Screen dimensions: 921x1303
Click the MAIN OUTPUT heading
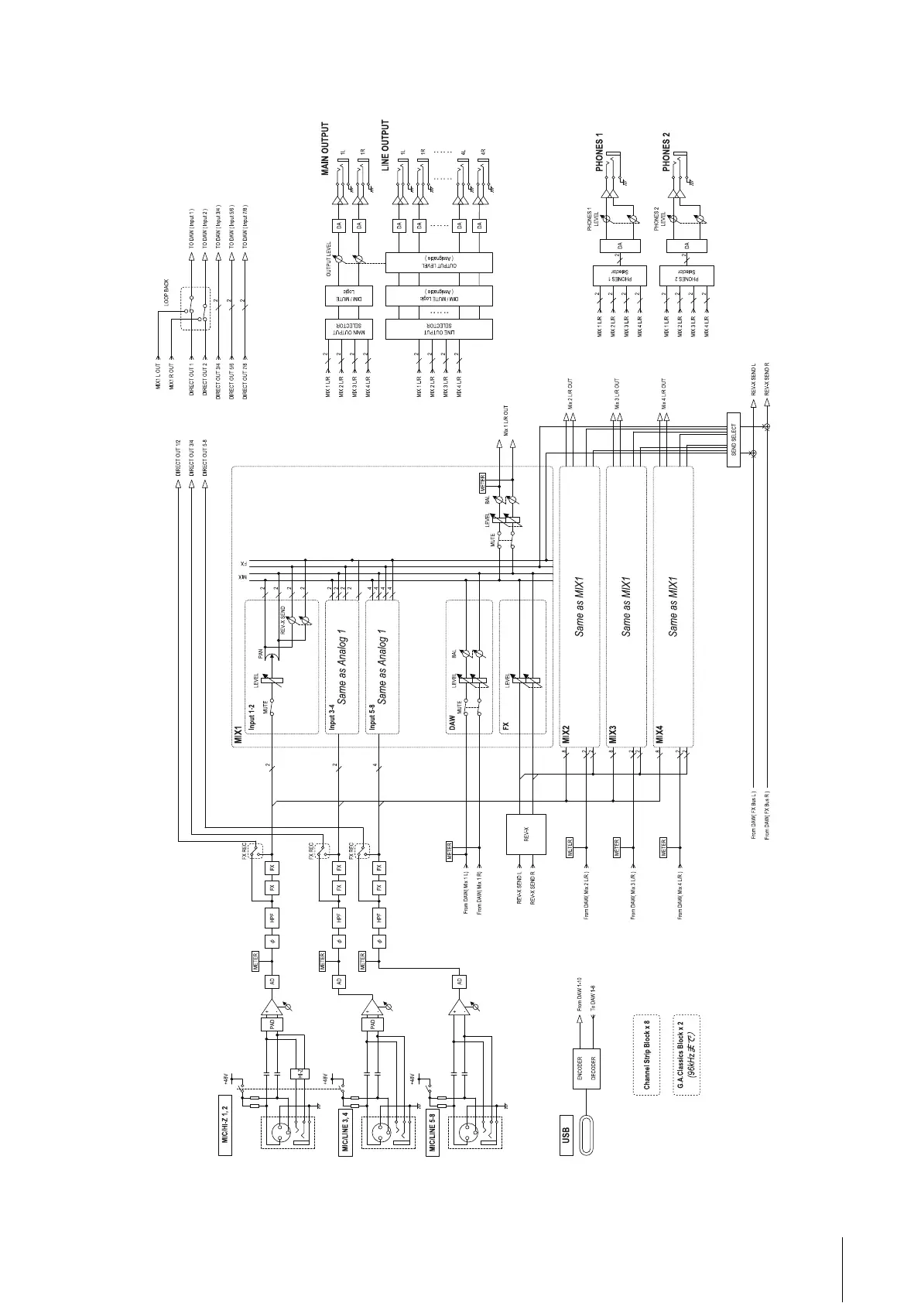(x=325, y=149)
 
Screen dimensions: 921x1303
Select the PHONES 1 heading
(x=599, y=151)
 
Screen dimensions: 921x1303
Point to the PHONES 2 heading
(x=666, y=151)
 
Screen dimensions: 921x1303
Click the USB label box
(x=566, y=1134)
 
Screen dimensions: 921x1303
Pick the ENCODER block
(x=580, y=1070)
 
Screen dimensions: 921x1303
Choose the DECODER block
(x=594, y=1070)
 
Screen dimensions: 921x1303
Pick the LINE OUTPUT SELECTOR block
(x=438, y=329)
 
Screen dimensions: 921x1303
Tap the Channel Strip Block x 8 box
(x=649, y=1055)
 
